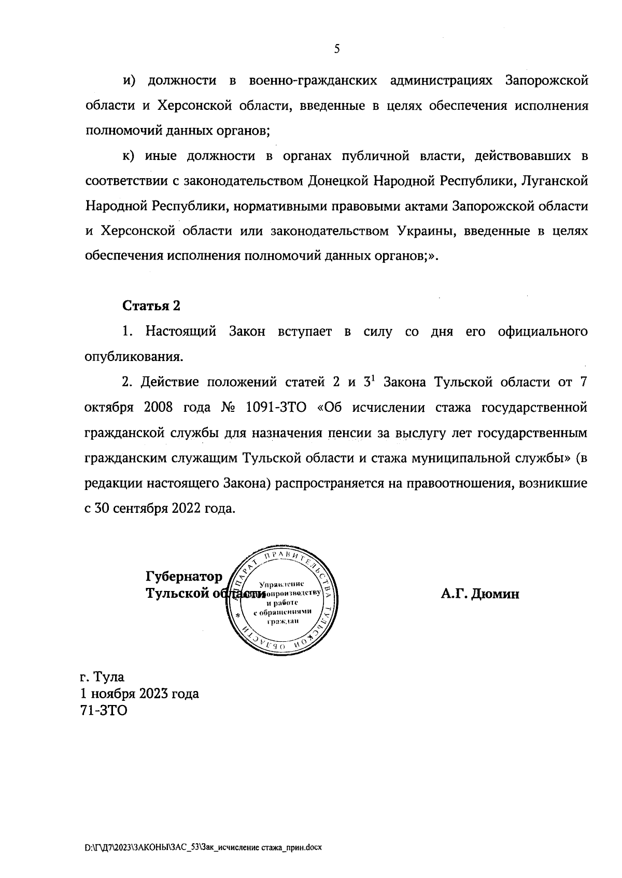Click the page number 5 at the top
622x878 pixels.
pos(337,49)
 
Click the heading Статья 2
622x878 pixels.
pos(151,306)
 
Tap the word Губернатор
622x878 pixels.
pos(184,577)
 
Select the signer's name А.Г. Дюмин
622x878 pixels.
pos(480,594)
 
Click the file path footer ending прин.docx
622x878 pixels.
pos(204,847)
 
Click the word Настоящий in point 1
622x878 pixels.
pos(181,332)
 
